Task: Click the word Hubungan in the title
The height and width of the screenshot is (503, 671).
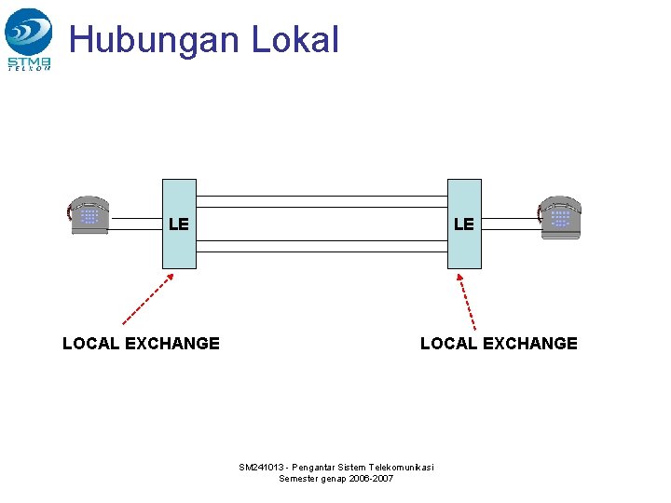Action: pyautogui.click(x=141, y=40)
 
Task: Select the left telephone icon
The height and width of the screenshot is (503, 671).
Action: pyautogui.click(x=89, y=216)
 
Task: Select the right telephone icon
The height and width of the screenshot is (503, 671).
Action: pyautogui.click(x=560, y=217)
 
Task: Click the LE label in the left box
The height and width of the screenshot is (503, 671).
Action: pyautogui.click(x=179, y=224)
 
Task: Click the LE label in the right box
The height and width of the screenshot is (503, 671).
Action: pyautogui.click(x=463, y=224)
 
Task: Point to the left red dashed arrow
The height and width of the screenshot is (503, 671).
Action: pyautogui.click(x=147, y=298)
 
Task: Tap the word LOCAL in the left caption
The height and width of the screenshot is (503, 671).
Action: pyautogui.click(x=90, y=344)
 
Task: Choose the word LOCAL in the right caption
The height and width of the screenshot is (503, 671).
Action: pyautogui.click(x=448, y=344)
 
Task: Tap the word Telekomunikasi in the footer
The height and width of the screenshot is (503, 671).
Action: pyautogui.click(x=402, y=467)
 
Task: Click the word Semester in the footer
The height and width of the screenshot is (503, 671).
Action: pyautogui.click(x=299, y=479)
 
